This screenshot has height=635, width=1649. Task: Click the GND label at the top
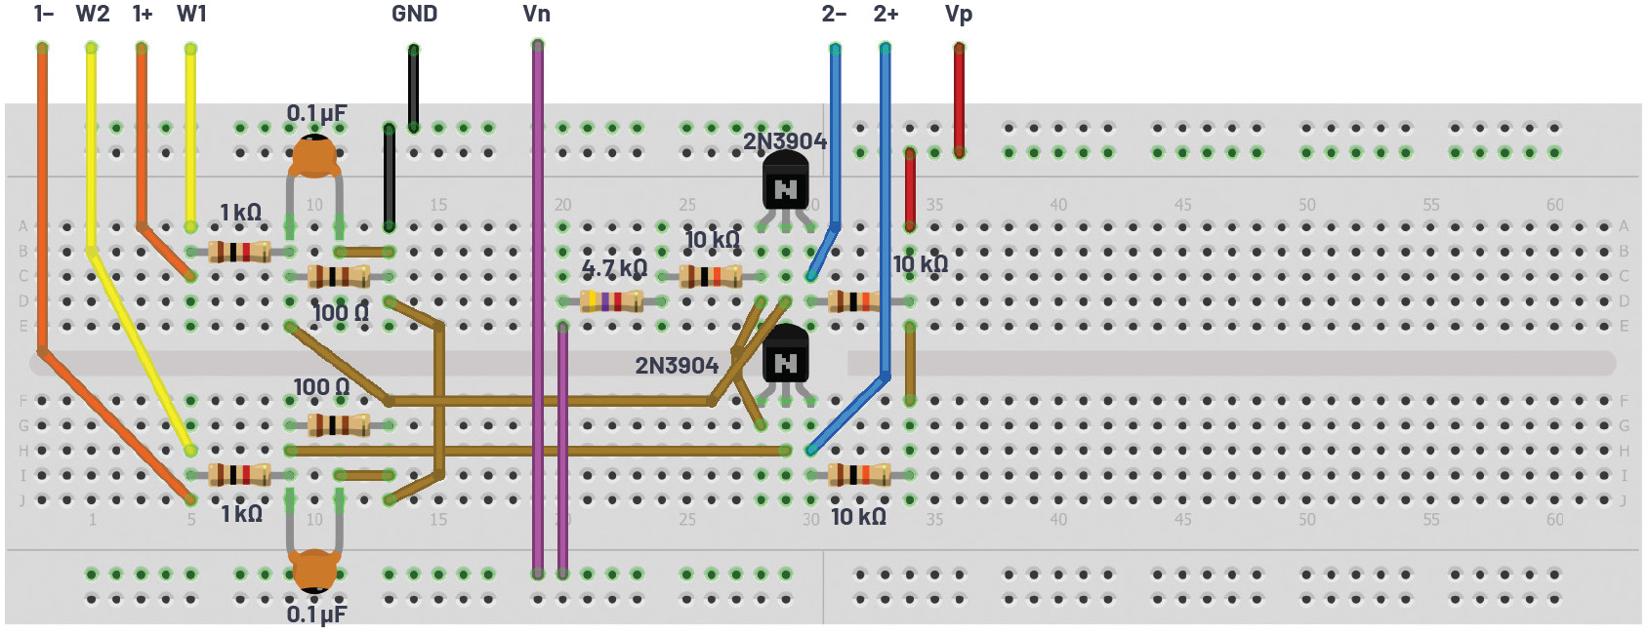pos(414,14)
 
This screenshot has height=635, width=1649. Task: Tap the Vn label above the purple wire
pos(536,14)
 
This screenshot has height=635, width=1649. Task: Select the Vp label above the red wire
pos(959,14)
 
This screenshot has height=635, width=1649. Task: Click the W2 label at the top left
pos(93,14)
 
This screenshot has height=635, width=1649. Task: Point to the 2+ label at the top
pos(886,14)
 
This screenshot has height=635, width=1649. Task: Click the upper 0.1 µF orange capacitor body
pos(314,156)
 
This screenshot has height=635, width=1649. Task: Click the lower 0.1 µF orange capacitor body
pos(314,571)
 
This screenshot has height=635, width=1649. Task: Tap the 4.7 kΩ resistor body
pos(611,300)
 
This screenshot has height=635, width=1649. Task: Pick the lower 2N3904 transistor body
pos(785,359)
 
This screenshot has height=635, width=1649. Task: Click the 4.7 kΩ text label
pos(614,268)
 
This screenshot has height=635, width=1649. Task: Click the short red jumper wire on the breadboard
pos(910,190)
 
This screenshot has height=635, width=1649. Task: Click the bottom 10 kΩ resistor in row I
pos(859,475)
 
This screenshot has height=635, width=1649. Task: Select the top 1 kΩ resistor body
pos(239,252)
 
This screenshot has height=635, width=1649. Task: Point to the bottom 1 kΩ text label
pos(241,514)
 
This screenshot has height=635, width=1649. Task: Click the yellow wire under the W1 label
pos(190,137)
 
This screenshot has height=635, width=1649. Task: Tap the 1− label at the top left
pos(43,14)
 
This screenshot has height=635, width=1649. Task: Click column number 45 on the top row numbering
pos(1182,205)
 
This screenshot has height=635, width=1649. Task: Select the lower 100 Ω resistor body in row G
pos(339,425)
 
